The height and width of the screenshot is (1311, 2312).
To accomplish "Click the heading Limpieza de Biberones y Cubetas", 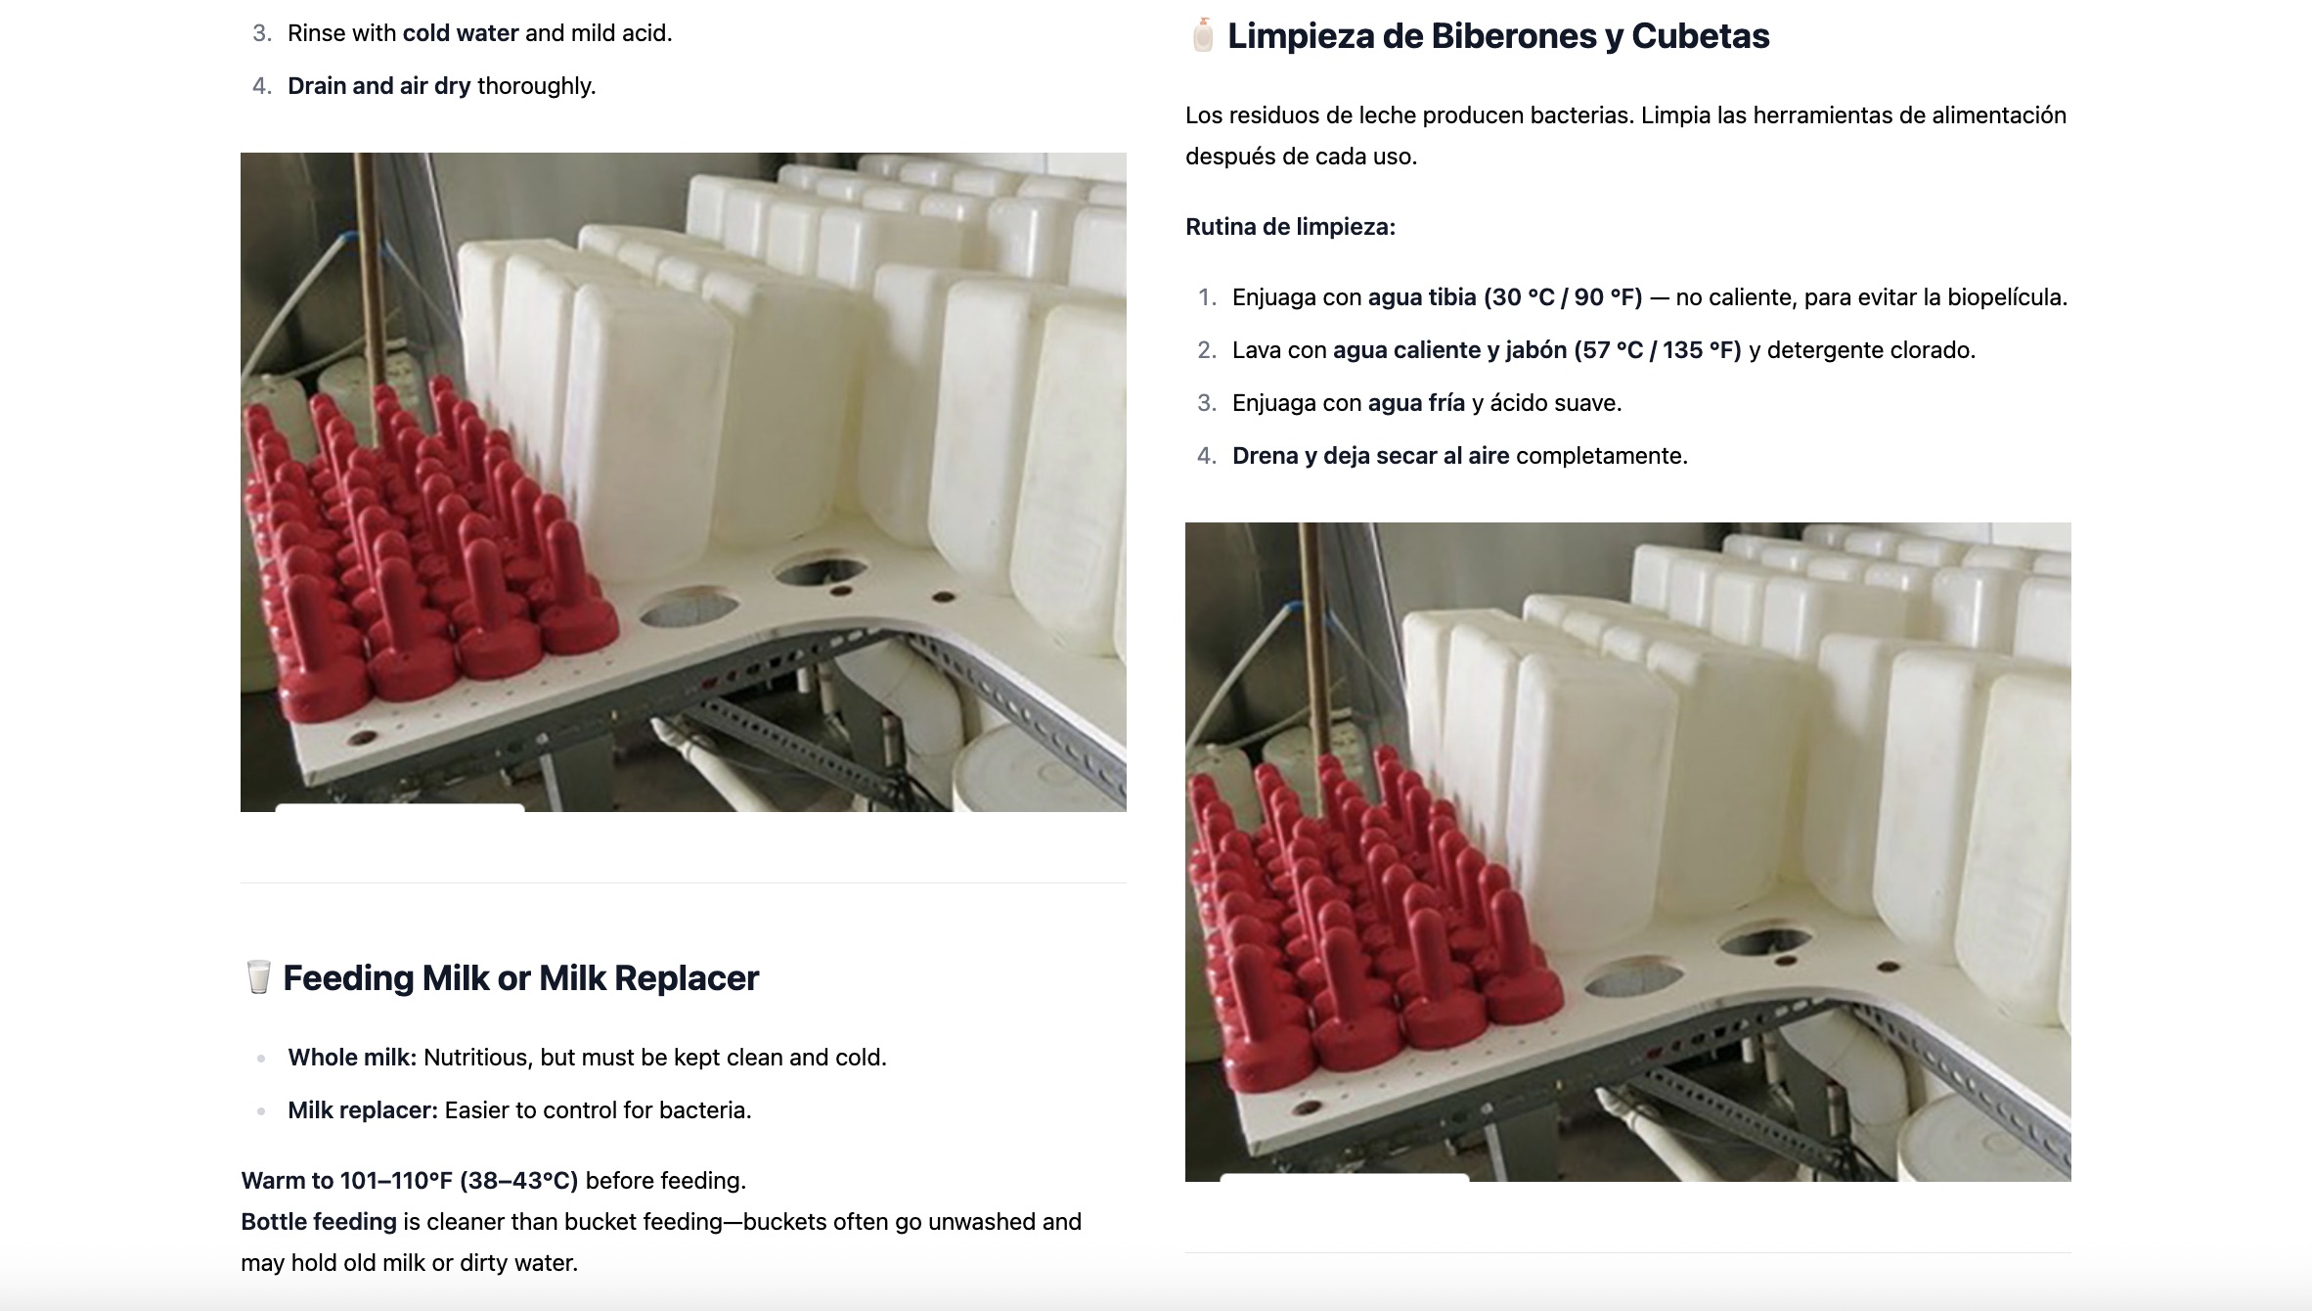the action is coord(1498,36).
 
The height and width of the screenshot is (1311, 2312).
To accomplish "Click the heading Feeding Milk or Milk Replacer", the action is coord(520,977).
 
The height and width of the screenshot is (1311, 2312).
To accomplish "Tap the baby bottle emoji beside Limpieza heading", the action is coord(1203,35).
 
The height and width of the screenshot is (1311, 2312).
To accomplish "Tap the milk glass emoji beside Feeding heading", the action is coord(258,976).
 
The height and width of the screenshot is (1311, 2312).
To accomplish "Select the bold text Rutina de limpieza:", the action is coord(1290,227).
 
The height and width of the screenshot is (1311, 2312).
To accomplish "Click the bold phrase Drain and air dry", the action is coord(378,86).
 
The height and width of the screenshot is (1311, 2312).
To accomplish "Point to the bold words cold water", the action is coord(461,33).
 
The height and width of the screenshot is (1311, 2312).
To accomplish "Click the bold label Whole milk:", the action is coord(352,1058).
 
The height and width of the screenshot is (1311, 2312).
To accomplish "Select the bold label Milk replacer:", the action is coord(363,1110).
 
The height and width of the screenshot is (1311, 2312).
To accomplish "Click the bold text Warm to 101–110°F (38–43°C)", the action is coord(410,1181).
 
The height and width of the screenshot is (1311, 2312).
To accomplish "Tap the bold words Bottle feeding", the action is coord(319,1222).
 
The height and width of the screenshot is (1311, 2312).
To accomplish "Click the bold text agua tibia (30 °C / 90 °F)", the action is coord(1505,297).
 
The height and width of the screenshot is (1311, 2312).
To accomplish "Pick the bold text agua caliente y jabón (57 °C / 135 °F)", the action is coord(1537,350).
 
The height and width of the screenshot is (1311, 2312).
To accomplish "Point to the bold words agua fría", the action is coord(1416,403).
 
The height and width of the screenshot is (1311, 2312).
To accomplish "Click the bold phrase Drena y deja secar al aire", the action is coord(1370,456).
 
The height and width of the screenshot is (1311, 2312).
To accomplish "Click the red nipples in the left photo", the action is coord(421,548).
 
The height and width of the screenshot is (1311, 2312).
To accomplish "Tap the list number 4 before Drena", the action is coord(1207,456).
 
